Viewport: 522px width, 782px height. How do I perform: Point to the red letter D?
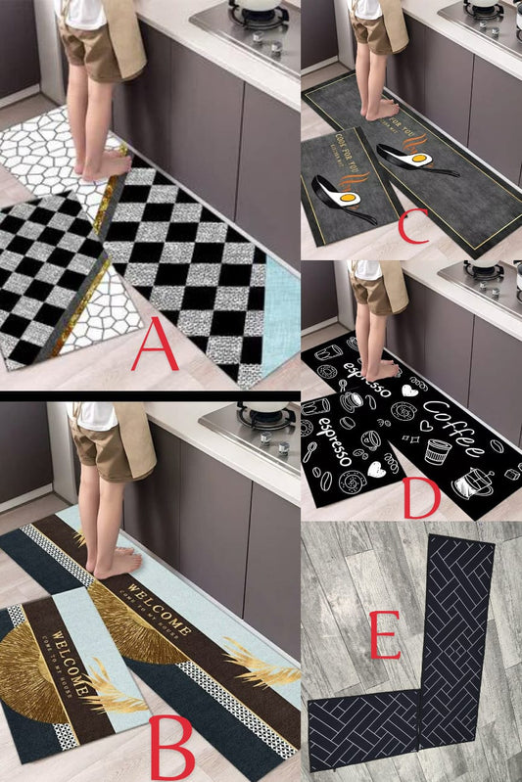pyautogui.click(x=421, y=496)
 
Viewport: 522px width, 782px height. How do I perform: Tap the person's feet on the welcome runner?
pyautogui.click(x=113, y=563)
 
